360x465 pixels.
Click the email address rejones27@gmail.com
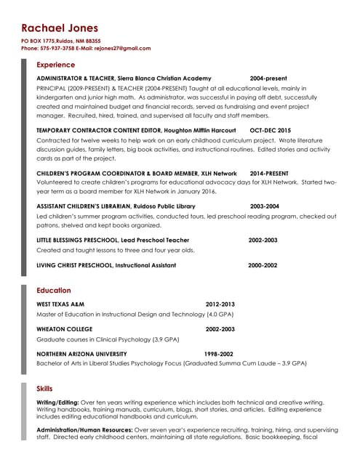pos(125,49)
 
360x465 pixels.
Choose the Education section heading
pos(54,291)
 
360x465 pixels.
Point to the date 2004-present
pos(268,78)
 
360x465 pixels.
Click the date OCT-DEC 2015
pos(270,130)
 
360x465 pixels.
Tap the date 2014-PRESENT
pos(269,174)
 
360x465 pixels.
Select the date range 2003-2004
pos(264,206)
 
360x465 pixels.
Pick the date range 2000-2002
pos(263,265)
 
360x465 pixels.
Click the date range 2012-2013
pos(220,304)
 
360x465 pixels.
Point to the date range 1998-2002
pos(218,354)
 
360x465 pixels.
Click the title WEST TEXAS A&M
pos(60,304)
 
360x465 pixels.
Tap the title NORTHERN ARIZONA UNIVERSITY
pos(81,354)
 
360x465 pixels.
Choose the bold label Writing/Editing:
pos(57,402)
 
